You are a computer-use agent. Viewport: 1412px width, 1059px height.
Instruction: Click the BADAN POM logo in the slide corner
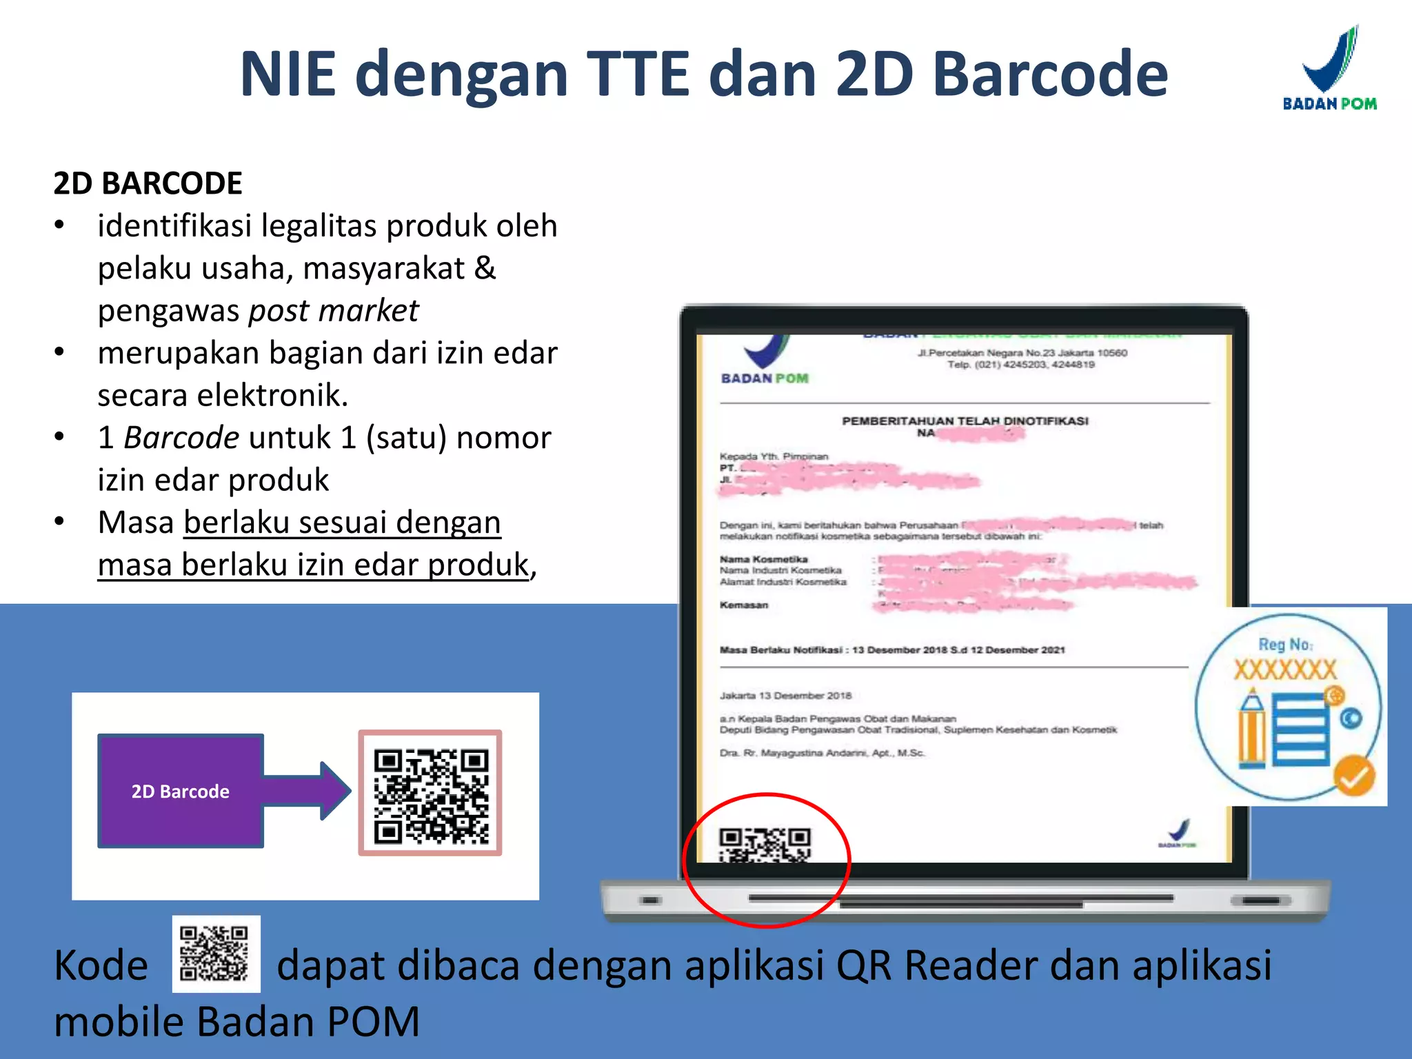tap(1329, 69)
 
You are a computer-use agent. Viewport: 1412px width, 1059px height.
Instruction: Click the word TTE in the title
tap(638, 74)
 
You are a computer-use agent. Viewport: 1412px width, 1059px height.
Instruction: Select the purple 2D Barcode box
tap(181, 791)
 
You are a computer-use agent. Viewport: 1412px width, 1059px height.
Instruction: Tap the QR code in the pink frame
tap(430, 794)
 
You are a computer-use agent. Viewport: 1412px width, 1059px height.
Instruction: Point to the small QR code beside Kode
tap(216, 954)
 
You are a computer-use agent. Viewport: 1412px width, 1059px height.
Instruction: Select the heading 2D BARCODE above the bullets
tap(148, 183)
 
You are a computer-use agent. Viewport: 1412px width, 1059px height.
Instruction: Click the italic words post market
tap(333, 311)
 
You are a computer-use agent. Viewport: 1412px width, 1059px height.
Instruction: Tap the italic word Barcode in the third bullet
tap(181, 438)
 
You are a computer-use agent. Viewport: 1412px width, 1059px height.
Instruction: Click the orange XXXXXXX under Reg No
tap(1285, 669)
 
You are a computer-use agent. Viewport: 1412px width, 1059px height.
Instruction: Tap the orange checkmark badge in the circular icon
tap(1353, 776)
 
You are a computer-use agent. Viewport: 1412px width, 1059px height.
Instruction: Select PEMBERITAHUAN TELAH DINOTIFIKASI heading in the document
tap(965, 421)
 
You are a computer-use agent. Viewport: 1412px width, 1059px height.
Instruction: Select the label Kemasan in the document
tap(743, 605)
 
